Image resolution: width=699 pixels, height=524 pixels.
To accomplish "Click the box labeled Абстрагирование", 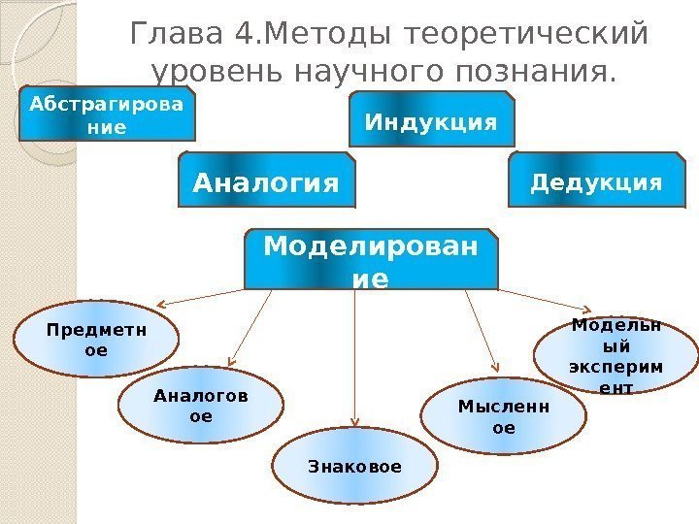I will [x=107, y=115].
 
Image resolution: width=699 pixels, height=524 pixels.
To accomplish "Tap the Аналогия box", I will [x=267, y=180].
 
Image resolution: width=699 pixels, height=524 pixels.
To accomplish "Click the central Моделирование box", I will [x=371, y=259].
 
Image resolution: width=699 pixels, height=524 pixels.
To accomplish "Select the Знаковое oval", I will [x=354, y=467].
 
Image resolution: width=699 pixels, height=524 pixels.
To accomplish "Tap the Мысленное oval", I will [x=504, y=416].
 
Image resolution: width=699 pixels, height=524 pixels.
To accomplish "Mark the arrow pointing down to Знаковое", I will [x=354, y=359].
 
